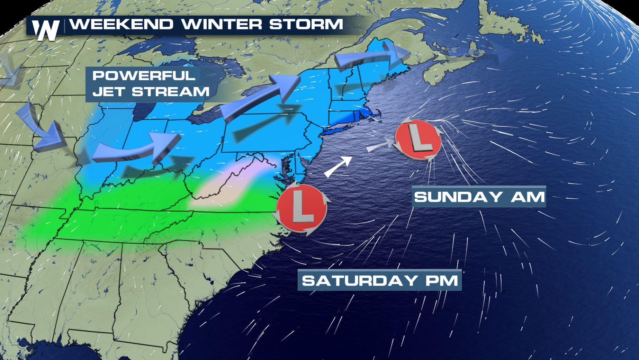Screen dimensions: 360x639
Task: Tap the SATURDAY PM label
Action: point(380,280)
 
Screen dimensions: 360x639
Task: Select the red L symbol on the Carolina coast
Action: point(301,210)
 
